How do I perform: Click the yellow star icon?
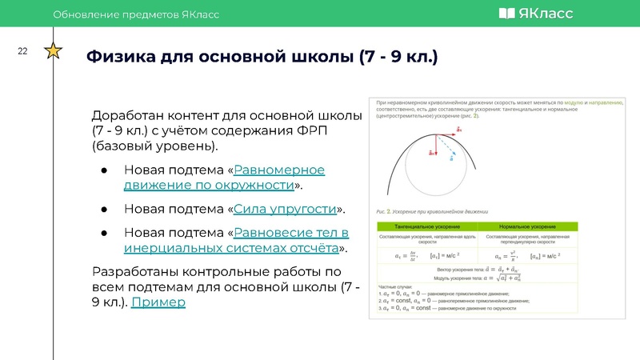53,52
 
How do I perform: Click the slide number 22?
22,52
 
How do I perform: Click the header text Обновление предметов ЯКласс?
135,14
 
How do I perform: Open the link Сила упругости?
285,209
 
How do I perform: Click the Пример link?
158,302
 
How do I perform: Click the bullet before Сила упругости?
104,210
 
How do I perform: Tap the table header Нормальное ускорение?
528,228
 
